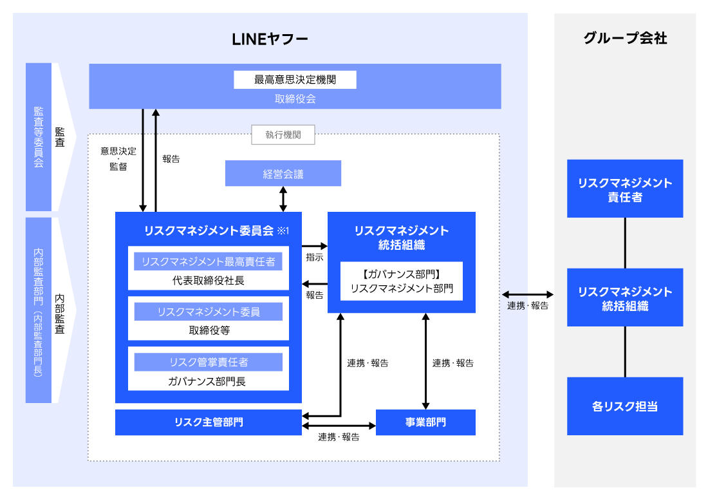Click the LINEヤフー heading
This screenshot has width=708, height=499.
tap(270, 39)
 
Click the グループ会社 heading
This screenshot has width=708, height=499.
tap(624, 39)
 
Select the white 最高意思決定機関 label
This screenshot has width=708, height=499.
tap(295, 80)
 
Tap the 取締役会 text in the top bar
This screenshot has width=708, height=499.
tap(295, 99)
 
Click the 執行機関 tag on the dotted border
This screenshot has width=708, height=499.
tap(283, 135)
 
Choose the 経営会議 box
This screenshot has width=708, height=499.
tap(283, 174)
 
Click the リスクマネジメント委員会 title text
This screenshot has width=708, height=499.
tap(209, 231)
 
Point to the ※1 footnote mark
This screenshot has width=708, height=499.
tap(284, 231)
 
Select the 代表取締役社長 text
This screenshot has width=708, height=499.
tap(208, 280)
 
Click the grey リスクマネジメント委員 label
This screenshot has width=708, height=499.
tap(208, 312)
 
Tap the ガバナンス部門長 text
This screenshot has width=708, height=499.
tap(208, 381)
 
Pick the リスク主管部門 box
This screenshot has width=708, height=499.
tap(208, 422)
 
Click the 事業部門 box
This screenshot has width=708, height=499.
tap(425, 422)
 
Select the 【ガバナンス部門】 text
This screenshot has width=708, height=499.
tap(401, 274)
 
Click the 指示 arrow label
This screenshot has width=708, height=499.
tap(315, 258)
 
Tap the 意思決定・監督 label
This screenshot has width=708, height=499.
tap(118, 158)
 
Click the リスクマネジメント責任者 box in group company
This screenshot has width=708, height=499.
tap(624, 189)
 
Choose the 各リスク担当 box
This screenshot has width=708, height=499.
tap(624, 406)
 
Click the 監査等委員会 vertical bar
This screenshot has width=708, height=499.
tap(39, 137)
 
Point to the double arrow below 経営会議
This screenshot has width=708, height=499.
tap(283, 199)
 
